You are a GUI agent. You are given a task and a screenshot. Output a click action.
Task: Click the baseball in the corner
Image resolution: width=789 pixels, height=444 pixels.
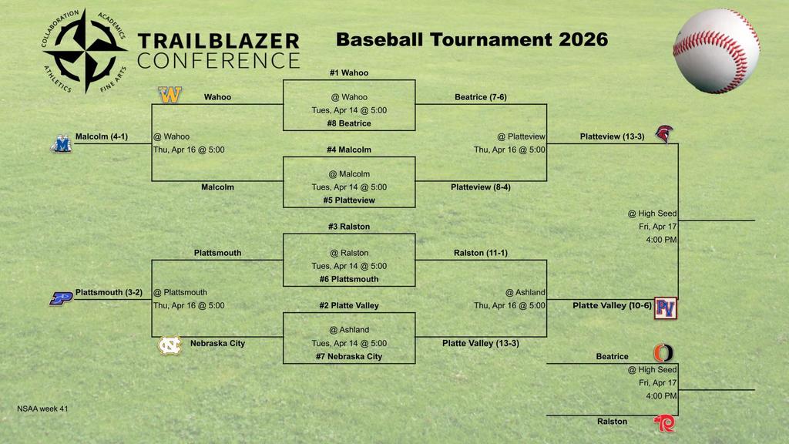[716, 51]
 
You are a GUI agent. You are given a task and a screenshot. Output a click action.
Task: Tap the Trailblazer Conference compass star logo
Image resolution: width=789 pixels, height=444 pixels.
[85, 50]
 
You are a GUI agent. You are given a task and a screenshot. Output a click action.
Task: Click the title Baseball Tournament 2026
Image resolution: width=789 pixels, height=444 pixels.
[472, 39]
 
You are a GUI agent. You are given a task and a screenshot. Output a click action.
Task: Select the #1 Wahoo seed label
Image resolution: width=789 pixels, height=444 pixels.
[349, 72]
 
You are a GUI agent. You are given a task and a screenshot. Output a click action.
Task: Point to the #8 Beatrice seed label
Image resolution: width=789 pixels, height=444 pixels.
[349, 123]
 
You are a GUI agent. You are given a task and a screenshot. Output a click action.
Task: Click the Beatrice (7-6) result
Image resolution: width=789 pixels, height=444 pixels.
[481, 97]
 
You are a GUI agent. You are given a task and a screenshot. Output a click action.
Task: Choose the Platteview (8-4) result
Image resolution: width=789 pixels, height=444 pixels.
[481, 187]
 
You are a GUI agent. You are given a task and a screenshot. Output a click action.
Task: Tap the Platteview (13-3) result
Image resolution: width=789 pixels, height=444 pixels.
[612, 136]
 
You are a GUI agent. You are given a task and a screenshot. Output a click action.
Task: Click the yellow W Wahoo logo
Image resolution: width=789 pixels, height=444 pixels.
[170, 95]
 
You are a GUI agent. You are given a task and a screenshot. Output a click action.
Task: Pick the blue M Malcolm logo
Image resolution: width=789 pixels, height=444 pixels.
[61, 143]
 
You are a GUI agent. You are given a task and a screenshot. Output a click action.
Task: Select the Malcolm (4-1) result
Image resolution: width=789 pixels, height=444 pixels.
[101, 137]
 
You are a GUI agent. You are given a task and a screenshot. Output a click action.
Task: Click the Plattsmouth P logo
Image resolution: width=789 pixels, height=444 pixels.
[61, 298]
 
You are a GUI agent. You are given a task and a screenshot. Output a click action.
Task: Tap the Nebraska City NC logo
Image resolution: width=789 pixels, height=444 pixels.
[170, 345]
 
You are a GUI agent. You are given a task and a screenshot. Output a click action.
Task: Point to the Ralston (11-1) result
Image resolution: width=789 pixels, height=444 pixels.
[481, 253]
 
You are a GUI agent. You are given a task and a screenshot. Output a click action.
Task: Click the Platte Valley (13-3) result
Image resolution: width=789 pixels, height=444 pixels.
[480, 343]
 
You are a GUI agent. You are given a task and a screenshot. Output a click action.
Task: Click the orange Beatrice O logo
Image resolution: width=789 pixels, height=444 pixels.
[663, 353]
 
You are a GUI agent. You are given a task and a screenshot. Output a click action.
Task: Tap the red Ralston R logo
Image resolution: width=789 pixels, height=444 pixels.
[663, 423]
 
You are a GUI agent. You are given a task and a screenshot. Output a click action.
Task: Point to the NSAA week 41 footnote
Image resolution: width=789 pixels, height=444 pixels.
[42, 409]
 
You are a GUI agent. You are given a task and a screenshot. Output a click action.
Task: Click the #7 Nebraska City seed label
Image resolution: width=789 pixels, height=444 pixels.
[349, 357]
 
